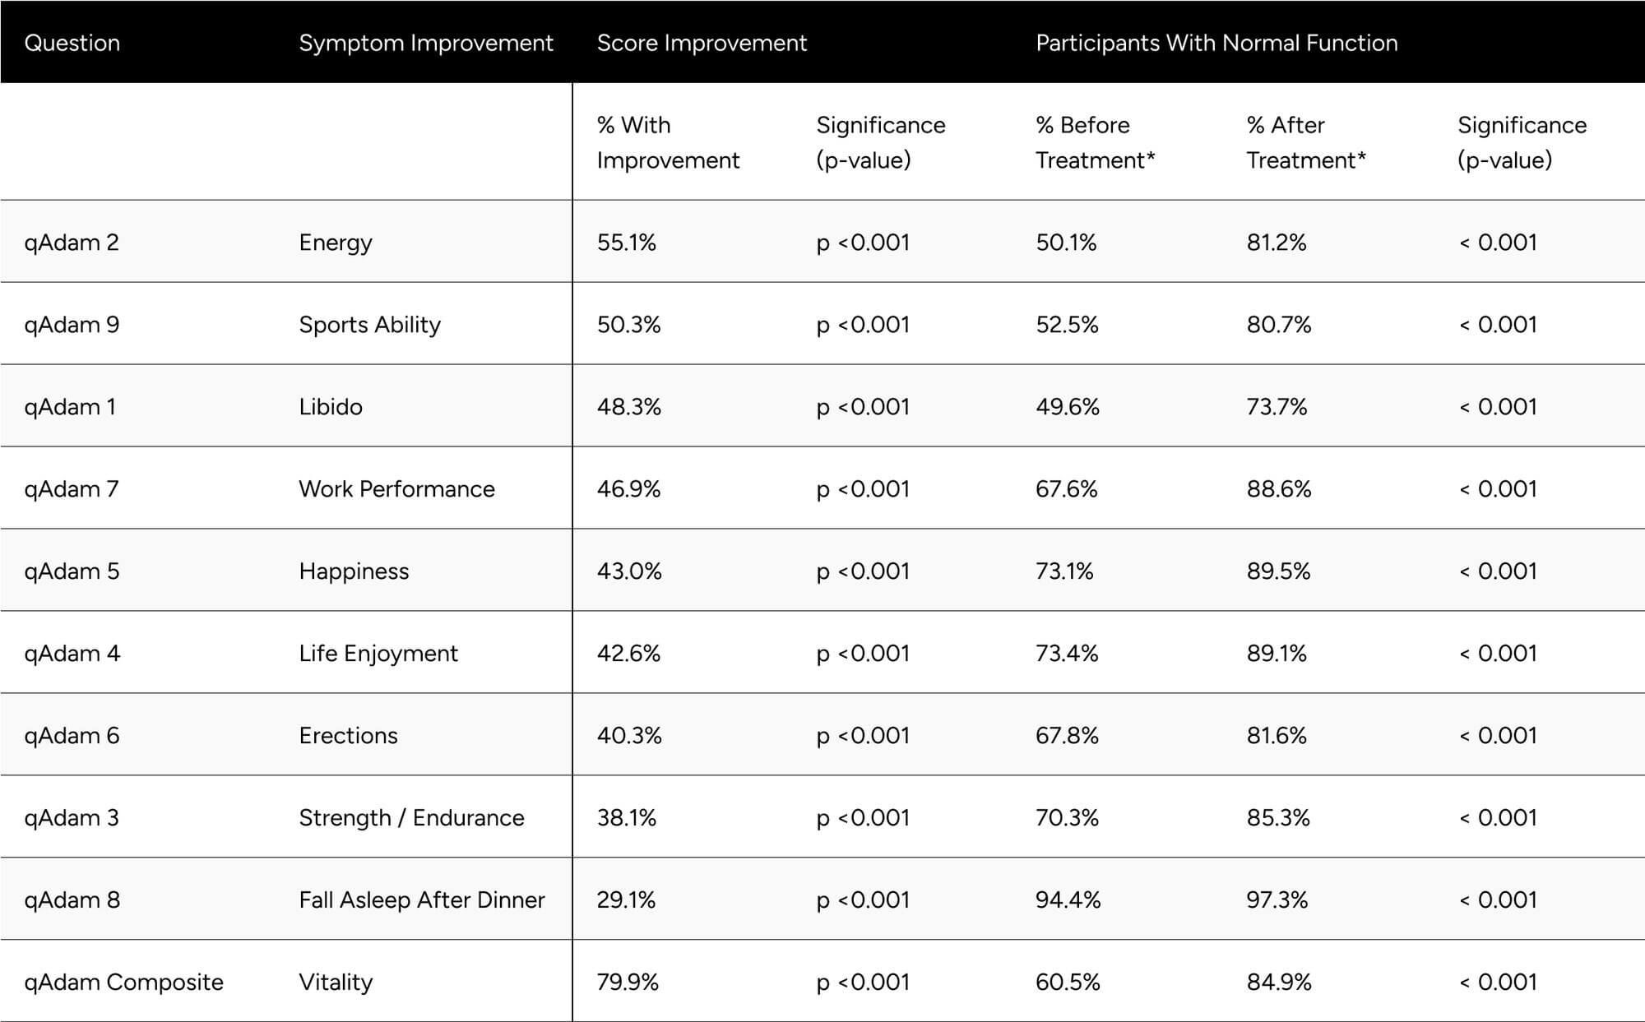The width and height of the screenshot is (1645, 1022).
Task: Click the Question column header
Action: click(x=72, y=43)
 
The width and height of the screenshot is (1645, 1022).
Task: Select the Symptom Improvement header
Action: click(x=425, y=43)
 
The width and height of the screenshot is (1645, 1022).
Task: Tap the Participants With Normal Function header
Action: click(x=1216, y=43)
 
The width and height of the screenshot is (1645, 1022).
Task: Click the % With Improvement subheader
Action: click(x=667, y=142)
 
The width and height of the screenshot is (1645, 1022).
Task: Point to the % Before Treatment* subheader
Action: click(x=1094, y=142)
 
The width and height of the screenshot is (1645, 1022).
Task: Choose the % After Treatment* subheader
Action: click(x=1305, y=142)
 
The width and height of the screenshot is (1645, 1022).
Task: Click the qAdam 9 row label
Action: click(x=72, y=324)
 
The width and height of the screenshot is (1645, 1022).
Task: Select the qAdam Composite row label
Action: click(x=123, y=982)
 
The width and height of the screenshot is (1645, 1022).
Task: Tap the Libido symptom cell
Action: click(x=330, y=406)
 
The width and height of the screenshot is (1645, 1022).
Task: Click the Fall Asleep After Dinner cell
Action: click(x=421, y=899)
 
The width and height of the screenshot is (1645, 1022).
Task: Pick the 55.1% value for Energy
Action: click(x=626, y=242)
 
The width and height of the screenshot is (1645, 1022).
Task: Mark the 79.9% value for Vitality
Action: click(x=628, y=982)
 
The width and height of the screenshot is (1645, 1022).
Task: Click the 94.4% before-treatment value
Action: click(x=1068, y=899)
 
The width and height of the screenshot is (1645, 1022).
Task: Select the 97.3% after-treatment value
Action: click(x=1277, y=899)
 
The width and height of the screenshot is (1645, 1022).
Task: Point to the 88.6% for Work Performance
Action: click(x=1278, y=488)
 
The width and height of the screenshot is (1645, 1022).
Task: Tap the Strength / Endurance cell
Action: click(x=411, y=817)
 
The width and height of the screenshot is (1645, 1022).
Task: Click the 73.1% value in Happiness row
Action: click(x=1064, y=571)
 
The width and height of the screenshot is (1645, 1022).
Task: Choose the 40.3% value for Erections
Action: click(x=628, y=735)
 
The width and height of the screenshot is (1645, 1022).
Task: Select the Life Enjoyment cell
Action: click(x=378, y=653)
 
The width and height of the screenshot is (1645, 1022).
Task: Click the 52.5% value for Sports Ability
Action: click(x=1067, y=324)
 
